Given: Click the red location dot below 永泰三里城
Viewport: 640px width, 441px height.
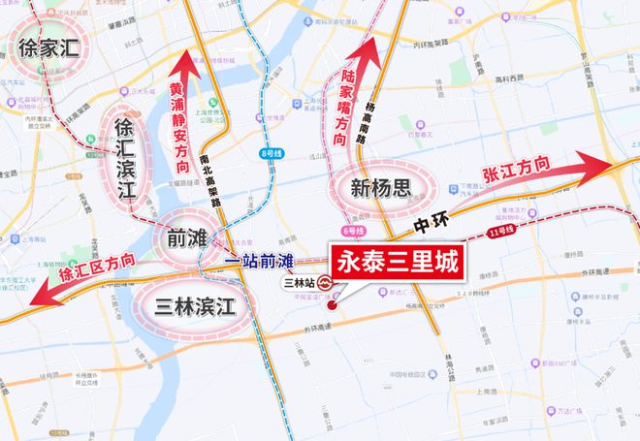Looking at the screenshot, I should [333, 305].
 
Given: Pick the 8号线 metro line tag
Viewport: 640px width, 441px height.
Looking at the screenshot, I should [269, 152].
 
